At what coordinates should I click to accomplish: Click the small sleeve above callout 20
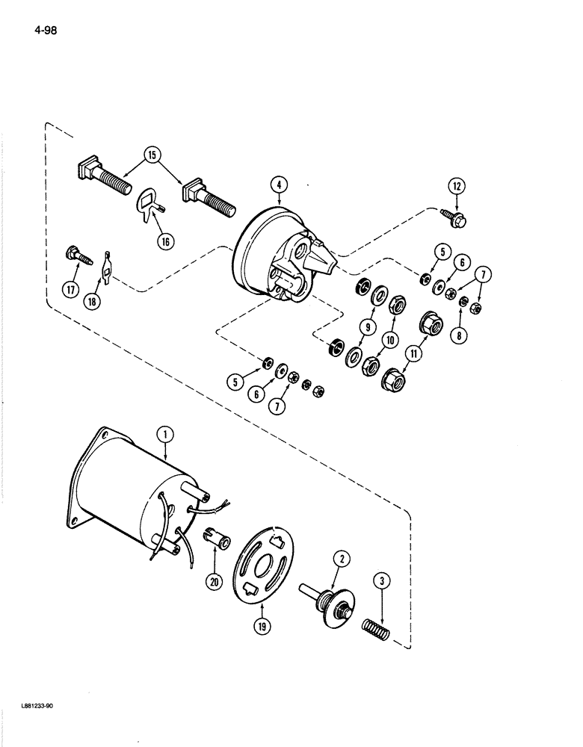click(212, 536)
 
